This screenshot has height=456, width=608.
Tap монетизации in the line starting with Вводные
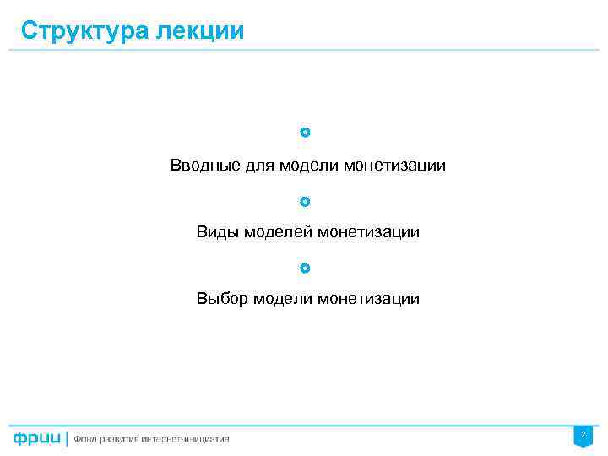pyautogui.click(x=394, y=166)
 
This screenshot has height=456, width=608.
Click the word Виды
pyautogui.click(x=217, y=231)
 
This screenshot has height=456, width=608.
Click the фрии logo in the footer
pyautogui.click(x=36, y=438)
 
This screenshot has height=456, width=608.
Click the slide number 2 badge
pyautogui.click(x=583, y=435)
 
